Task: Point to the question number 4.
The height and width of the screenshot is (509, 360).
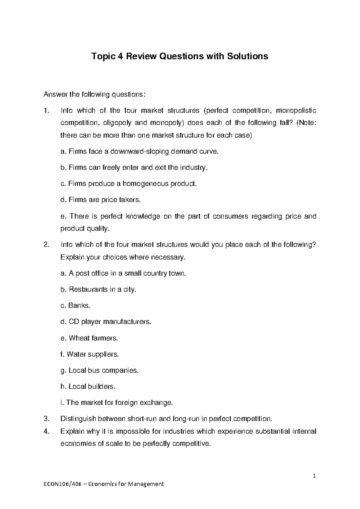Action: pos(46,432)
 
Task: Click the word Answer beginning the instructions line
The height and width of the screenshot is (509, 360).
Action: pos(55,95)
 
